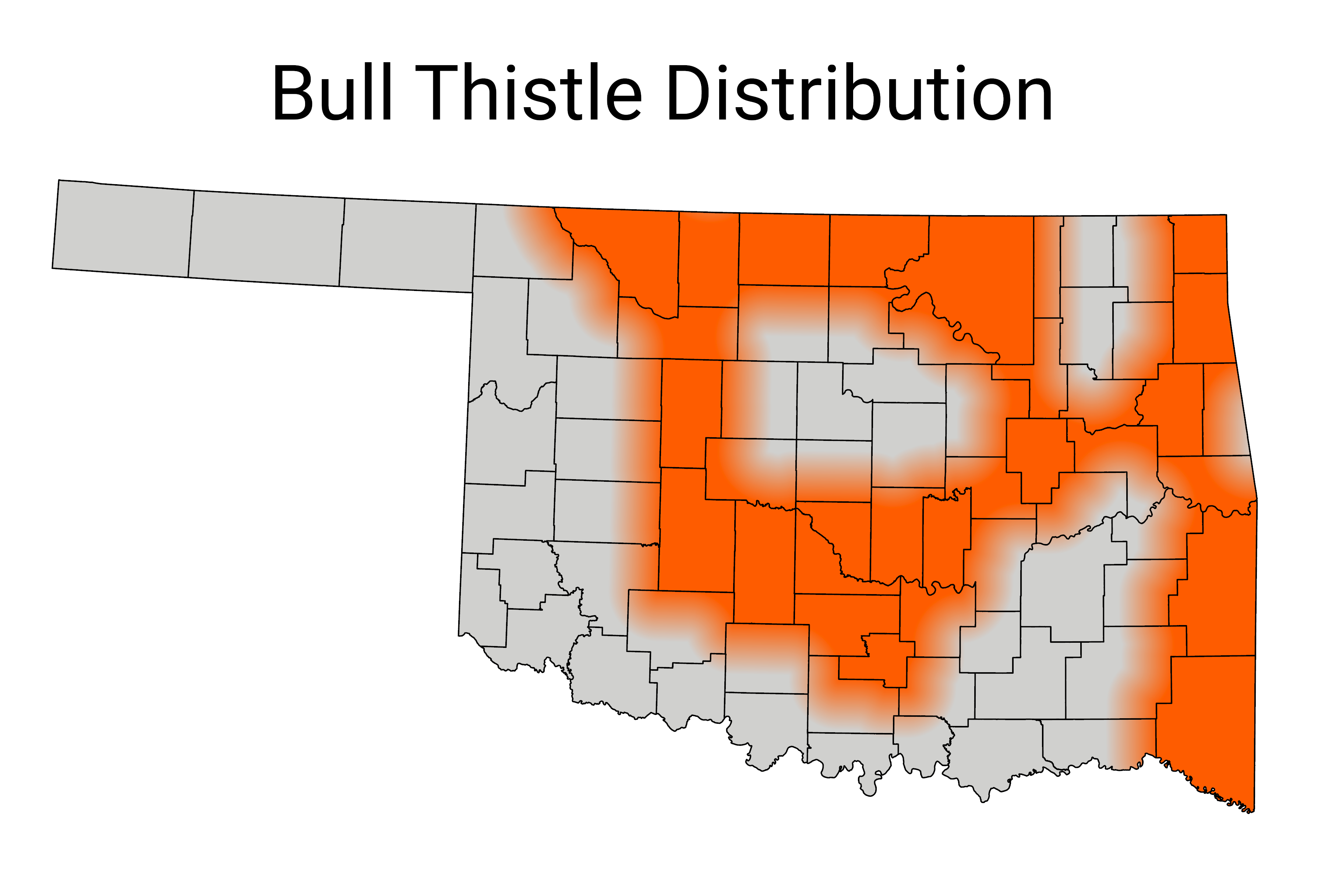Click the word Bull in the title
tap(332, 93)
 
